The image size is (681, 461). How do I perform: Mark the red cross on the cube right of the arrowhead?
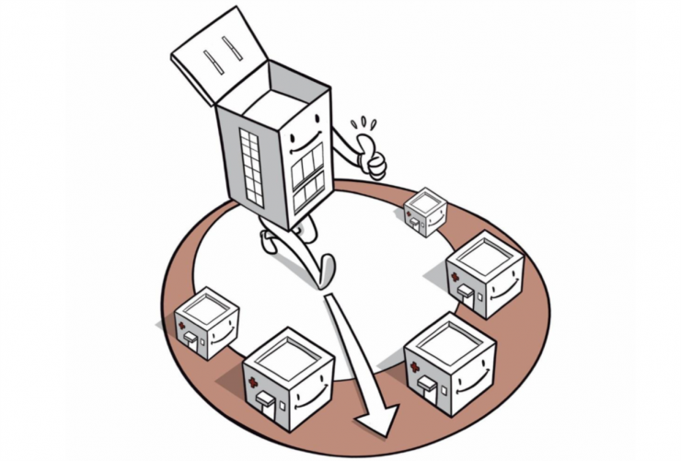[414, 367]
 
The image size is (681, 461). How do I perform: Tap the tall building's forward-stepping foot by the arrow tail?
[322, 271]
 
